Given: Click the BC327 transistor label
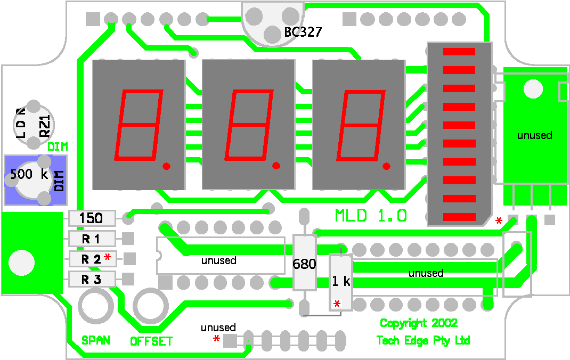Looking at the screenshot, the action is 303,32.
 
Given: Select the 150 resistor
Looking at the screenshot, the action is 92,218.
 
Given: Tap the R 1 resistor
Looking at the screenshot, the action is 92,239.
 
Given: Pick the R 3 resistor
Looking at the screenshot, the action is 92,279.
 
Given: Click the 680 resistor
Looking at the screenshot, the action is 304,263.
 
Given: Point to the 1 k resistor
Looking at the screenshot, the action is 341,282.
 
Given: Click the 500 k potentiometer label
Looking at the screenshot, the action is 29,174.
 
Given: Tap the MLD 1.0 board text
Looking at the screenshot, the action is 371,216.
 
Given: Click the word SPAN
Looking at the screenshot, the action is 95,340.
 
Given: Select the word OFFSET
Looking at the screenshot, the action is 151,341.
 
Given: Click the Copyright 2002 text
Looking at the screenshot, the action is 418,323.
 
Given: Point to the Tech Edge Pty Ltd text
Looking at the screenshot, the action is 423,340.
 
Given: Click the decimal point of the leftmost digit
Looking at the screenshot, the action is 167,166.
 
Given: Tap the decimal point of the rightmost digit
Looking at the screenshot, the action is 386,166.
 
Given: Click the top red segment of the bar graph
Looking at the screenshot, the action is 459,52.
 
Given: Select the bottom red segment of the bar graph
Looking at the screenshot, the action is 459,217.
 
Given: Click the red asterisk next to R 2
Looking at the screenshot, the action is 107,257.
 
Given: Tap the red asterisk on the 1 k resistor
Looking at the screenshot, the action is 337,304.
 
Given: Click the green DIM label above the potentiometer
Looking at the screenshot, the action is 58,147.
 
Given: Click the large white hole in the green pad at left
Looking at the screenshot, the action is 21,263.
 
